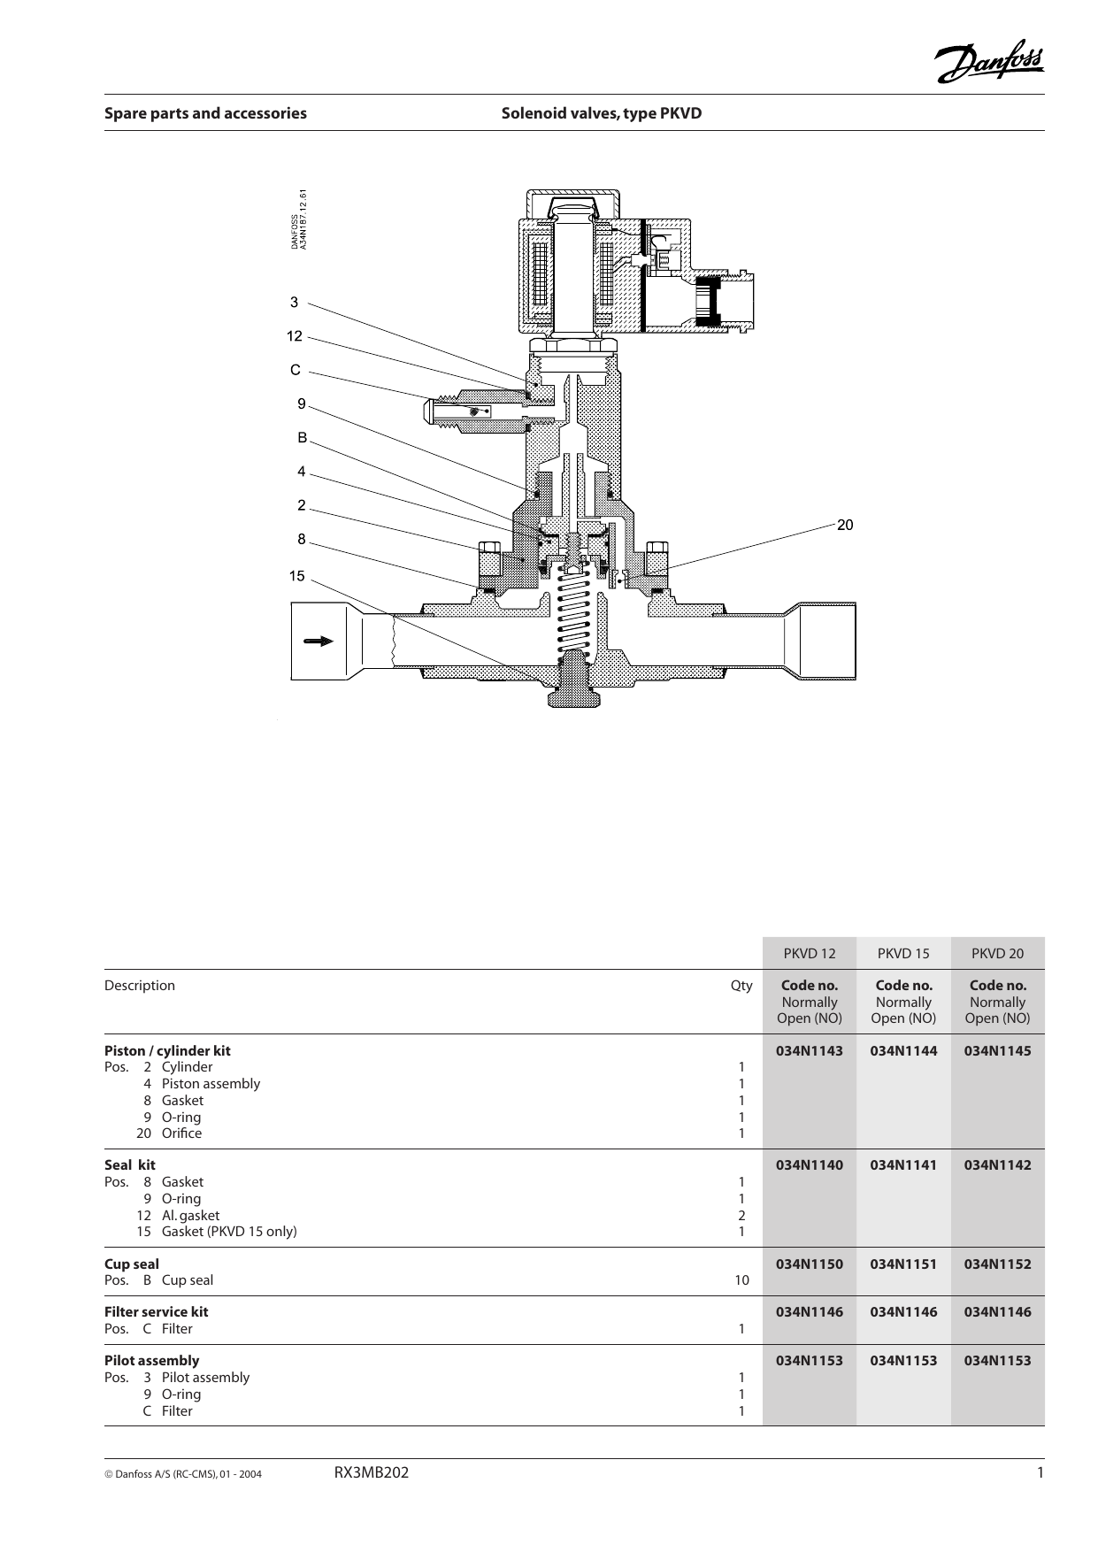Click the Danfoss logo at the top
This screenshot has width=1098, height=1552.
(990, 62)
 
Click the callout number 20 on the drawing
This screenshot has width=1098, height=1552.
(845, 525)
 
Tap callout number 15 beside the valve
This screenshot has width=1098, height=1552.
(296, 576)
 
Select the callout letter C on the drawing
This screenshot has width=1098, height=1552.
(296, 369)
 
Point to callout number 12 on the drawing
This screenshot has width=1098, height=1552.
(295, 336)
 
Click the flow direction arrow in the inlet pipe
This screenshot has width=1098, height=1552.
(319, 641)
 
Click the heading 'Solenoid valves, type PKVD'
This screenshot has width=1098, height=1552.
(601, 113)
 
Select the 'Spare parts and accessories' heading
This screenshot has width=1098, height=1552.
(205, 113)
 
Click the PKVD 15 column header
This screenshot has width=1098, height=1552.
(902, 953)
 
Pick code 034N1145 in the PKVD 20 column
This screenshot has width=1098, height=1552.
(997, 1050)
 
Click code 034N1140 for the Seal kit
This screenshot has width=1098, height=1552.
(809, 1165)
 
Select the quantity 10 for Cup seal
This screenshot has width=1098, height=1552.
(741, 1280)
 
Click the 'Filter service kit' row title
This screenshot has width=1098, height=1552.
(157, 1311)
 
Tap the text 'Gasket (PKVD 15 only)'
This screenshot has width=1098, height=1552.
(229, 1231)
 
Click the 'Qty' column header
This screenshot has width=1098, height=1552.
(741, 986)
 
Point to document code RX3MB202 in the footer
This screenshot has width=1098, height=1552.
(372, 1473)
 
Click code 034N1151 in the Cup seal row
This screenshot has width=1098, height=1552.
(902, 1264)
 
